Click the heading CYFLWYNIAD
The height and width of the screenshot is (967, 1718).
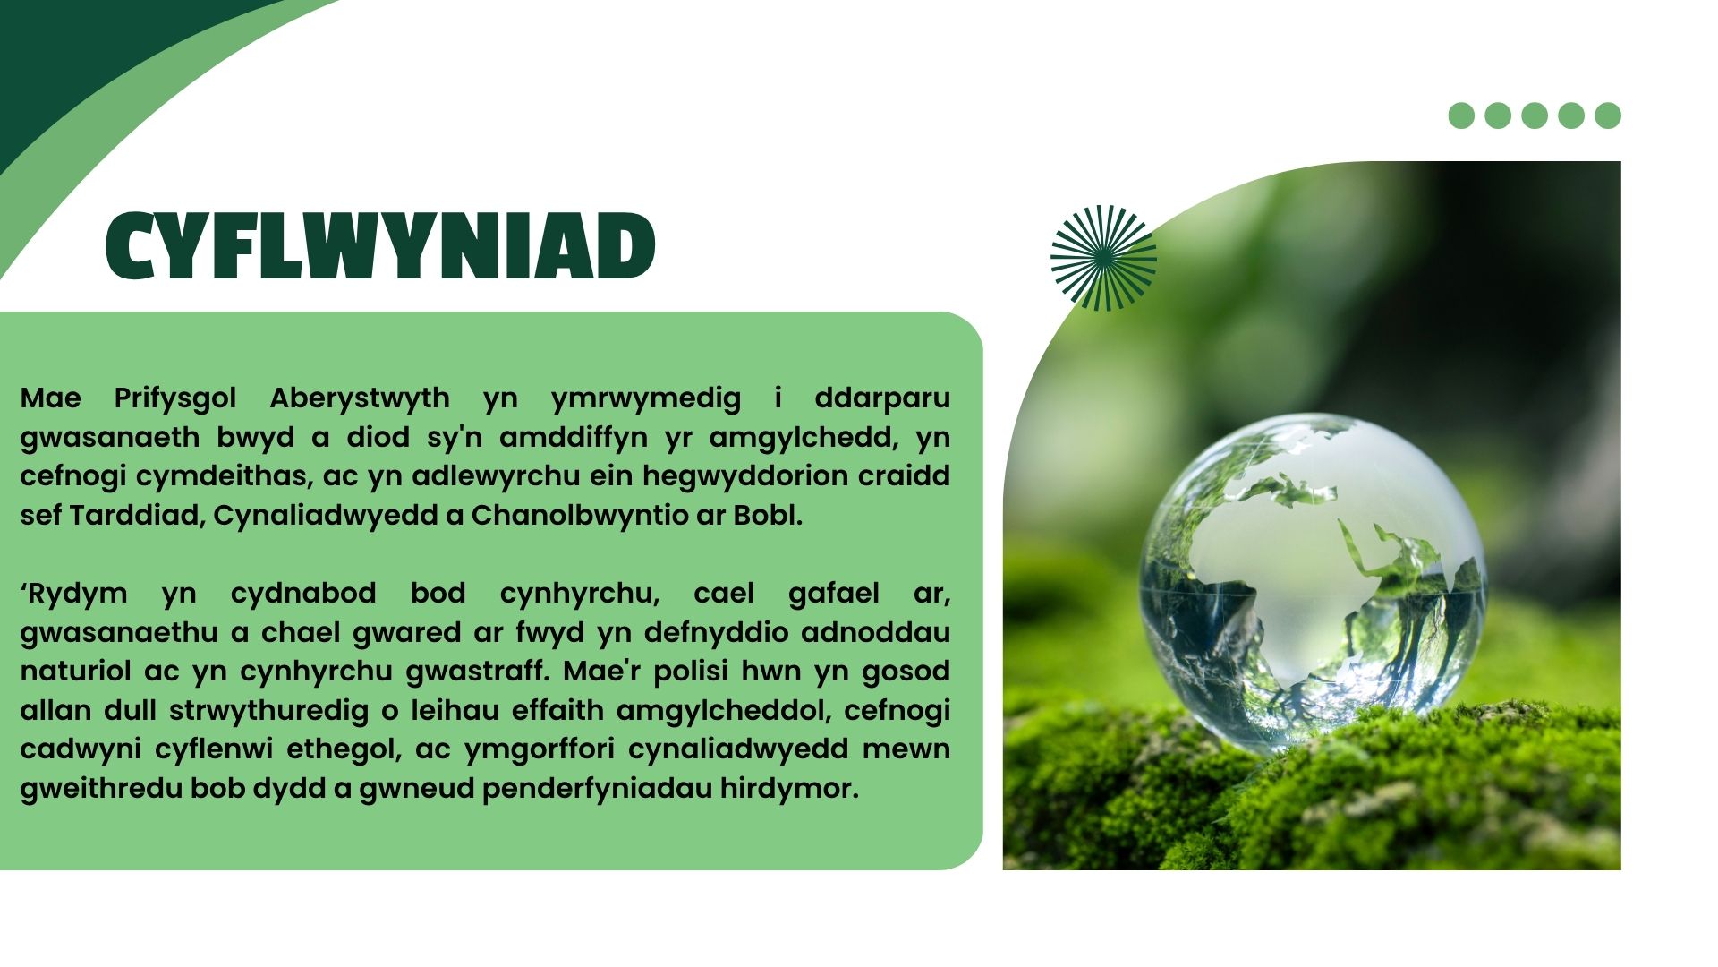[380, 246]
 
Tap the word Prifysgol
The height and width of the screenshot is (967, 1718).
[175, 398]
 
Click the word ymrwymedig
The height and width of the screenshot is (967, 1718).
[646, 398]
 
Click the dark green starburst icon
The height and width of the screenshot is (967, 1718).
[1103, 258]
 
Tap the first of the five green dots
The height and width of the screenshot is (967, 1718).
[1461, 116]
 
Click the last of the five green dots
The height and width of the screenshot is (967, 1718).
[1608, 116]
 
